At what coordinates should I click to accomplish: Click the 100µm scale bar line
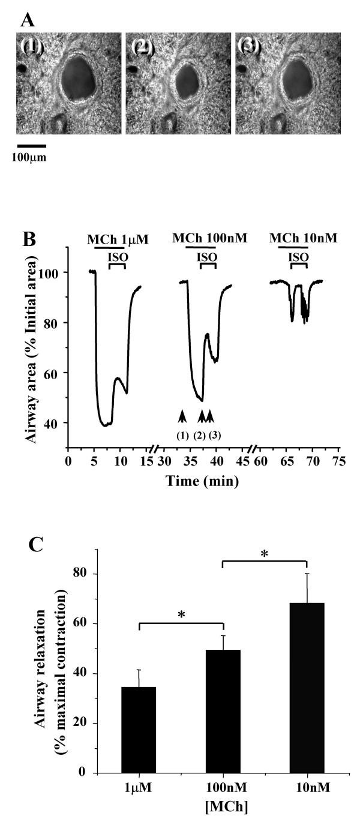pyautogui.click(x=31, y=145)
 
